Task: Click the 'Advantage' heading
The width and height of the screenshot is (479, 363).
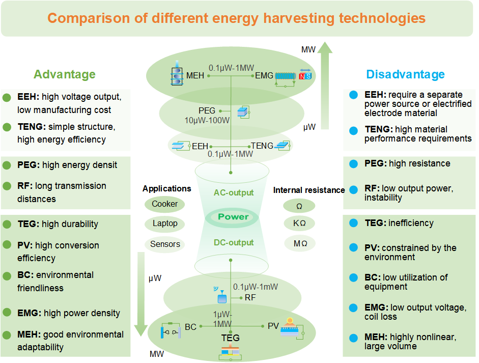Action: click(64, 74)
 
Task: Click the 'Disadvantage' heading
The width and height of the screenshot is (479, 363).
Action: click(405, 74)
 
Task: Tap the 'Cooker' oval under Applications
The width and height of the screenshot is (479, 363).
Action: click(165, 204)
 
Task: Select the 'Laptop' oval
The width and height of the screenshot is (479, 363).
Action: click(165, 224)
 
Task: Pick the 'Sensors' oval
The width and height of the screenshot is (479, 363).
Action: click(165, 244)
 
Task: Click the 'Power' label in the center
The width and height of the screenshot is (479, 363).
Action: click(233, 217)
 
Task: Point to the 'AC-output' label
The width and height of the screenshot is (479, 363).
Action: click(234, 193)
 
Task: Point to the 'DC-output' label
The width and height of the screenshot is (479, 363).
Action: click(234, 243)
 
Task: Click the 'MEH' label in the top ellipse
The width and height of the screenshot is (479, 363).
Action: click(195, 76)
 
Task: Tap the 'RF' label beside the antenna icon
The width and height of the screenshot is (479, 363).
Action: click(250, 297)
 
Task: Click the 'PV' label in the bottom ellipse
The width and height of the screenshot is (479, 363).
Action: click(273, 326)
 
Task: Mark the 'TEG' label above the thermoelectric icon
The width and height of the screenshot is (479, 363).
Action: click(230, 338)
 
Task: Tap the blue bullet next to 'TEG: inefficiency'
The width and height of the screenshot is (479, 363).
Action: click(353, 223)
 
